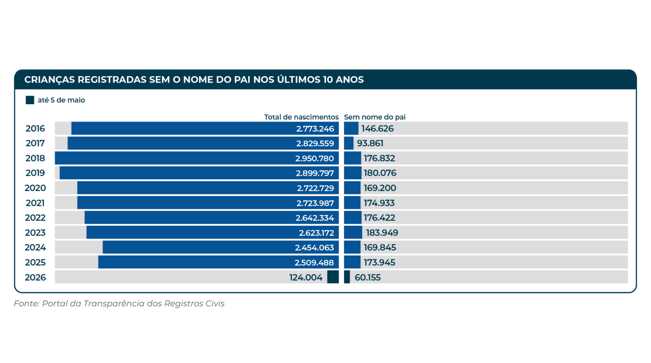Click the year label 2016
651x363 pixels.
tap(35, 129)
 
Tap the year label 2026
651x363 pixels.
tap(35, 277)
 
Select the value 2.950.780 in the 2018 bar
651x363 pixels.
tap(315, 158)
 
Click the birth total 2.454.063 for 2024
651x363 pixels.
tap(314, 247)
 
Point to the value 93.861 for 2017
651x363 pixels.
tap(370, 143)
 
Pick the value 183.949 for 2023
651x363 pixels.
tap(382, 233)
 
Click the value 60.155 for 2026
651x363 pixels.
tap(368, 278)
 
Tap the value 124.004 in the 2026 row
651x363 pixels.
tap(306, 278)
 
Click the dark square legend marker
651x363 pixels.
tap(30, 100)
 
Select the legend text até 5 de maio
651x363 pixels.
tap(61, 100)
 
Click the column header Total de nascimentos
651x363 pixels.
tap(301, 117)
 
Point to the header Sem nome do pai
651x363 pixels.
tap(375, 117)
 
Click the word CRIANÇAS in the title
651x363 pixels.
tap(50, 80)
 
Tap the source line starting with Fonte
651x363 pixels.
tap(119, 304)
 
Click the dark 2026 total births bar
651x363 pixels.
tap(333, 277)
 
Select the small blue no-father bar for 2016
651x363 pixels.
tap(351, 128)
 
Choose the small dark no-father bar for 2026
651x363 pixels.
tap(347, 277)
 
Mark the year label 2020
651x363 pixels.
tap(35, 188)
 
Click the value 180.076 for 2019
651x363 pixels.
tap(380, 173)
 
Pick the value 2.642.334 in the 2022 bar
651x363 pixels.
tap(315, 218)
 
